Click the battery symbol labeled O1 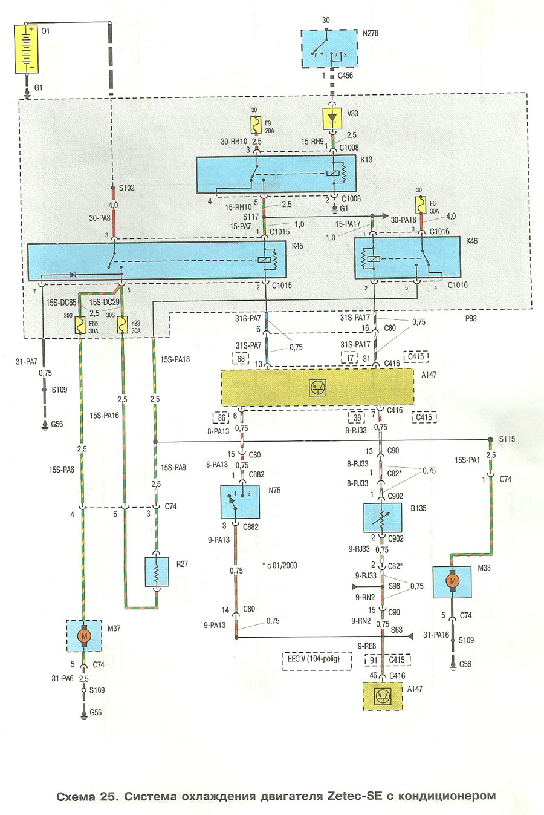28,49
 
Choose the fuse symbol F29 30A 123,326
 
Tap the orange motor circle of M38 452,581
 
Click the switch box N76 240,501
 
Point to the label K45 297,247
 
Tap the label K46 471,241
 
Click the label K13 366,160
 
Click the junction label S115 507,439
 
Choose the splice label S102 126,188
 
